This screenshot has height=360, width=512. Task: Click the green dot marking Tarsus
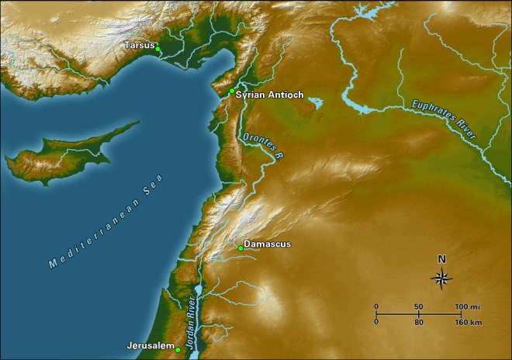[x=157, y=49]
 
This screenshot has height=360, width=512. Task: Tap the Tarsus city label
[x=140, y=45]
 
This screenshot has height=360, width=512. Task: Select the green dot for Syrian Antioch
[x=231, y=91]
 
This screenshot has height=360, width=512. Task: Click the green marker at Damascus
[x=240, y=248]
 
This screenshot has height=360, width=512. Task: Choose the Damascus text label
[x=267, y=244]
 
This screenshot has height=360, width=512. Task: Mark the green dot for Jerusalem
[x=178, y=350]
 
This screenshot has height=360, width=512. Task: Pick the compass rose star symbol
[x=442, y=278]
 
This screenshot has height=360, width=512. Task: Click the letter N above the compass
[x=442, y=259]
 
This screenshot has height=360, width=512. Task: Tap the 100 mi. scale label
[x=467, y=306]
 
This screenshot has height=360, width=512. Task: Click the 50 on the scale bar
[x=418, y=306]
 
